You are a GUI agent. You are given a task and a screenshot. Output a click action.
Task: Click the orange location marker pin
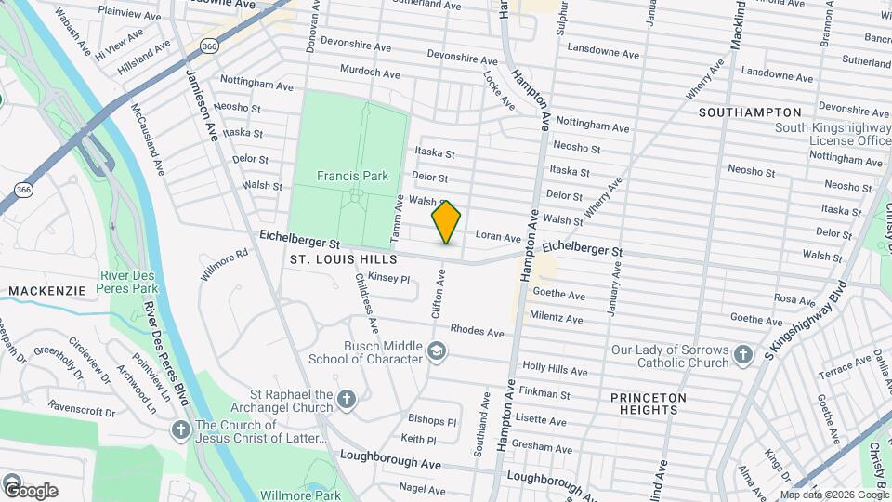point(446,222)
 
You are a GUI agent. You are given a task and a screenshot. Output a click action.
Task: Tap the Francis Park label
point(352,175)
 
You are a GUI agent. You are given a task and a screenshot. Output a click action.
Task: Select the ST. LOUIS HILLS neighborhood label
point(343,258)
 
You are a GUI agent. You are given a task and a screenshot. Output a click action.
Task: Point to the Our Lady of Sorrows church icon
point(741,354)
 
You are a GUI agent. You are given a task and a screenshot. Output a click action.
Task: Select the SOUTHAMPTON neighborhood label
point(749,112)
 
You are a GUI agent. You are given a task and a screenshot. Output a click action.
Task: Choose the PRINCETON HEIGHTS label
point(649,403)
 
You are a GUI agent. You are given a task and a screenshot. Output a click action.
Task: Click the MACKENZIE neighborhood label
point(46,291)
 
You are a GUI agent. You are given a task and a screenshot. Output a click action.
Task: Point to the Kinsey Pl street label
point(388,278)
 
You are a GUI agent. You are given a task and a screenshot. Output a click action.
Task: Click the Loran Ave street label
point(496,236)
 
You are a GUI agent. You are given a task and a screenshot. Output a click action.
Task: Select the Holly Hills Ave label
point(555,370)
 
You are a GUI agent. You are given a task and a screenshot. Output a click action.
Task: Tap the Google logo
point(30,490)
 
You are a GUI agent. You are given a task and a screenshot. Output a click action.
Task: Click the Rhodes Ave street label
point(477,331)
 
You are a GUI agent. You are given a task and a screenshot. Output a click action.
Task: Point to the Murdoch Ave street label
point(370,73)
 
